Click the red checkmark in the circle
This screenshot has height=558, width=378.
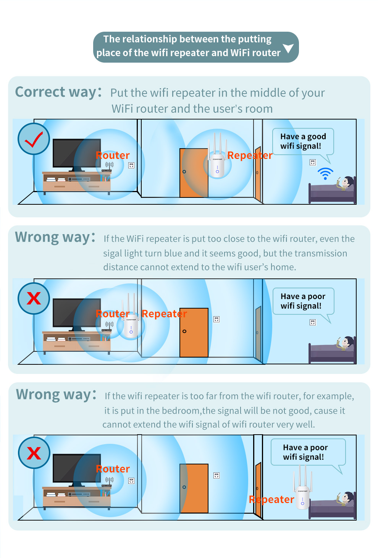click(x=34, y=139)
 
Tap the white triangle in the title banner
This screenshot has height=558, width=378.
click(x=288, y=48)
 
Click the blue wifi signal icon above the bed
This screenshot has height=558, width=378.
click(x=325, y=174)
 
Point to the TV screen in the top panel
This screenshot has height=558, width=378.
click(x=76, y=153)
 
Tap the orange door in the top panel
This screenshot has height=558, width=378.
click(x=194, y=173)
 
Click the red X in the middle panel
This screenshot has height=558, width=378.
click(x=34, y=298)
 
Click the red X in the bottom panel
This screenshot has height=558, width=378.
click(x=34, y=453)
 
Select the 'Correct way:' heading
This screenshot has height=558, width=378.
click(x=58, y=92)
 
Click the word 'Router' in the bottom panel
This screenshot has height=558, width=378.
click(x=113, y=469)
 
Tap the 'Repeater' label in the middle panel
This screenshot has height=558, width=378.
click(x=164, y=314)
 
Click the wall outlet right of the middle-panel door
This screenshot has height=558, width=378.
click(x=216, y=319)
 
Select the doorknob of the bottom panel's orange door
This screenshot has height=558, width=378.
click(x=184, y=487)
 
